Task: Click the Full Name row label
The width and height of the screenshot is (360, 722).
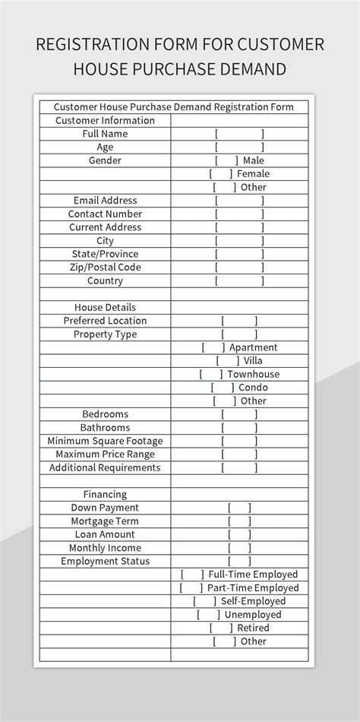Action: (x=105, y=134)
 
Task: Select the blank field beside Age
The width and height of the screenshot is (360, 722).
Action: (x=239, y=147)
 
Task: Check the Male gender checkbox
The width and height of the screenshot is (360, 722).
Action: (x=226, y=160)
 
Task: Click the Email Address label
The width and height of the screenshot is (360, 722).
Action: (x=105, y=201)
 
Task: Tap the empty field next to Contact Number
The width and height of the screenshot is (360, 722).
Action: (x=239, y=214)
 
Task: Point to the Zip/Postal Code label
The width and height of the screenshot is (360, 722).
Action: (x=105, y=268)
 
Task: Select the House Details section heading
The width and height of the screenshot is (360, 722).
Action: (x=105, y=308)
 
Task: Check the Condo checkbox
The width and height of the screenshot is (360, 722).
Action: (x=223, y=388)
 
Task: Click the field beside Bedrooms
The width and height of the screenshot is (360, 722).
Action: (x=239, y=414)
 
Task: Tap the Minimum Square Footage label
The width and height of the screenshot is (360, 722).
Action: (x=105, y=441)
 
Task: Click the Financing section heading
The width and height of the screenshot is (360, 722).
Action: (x=105, y=495)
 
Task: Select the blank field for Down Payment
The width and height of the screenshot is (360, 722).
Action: (x=239, y=508)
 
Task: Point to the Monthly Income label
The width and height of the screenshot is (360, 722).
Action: (x=105, y=548)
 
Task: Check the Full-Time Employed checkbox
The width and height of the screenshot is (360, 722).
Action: (x=192, y=575)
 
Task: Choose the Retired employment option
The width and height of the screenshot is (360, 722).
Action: (x=221, y=628)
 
